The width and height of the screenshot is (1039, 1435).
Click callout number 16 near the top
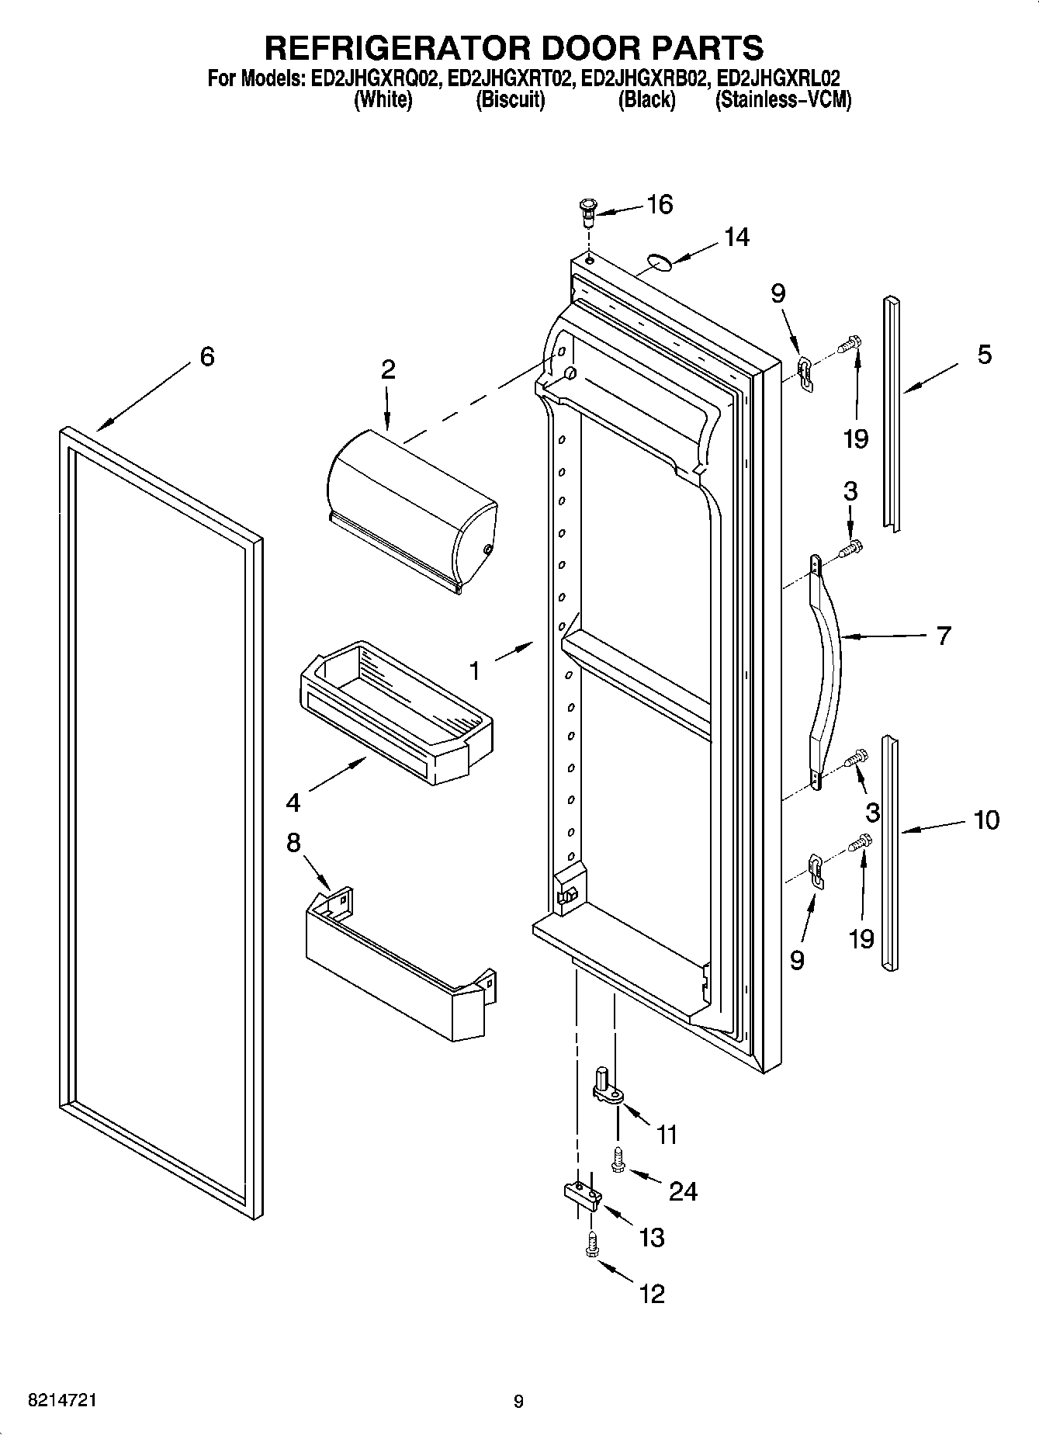click(660, 205)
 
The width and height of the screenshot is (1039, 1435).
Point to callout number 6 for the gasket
click(206, 357)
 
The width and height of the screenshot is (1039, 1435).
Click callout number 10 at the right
click(986, 820)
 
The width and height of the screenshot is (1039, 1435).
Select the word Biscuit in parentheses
click(510, 100)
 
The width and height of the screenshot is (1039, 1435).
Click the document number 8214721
click(62, 1401)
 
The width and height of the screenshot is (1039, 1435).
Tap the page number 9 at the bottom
click(518, 1402)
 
